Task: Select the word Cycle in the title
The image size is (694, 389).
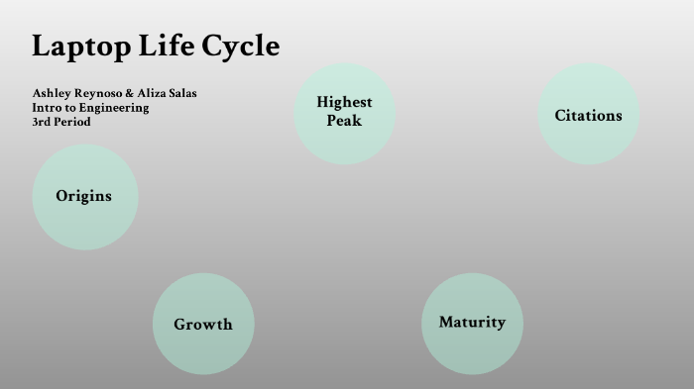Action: click(241, 47)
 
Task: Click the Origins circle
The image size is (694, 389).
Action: click(84, 196)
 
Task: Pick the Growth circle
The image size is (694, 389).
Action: click(203, 324)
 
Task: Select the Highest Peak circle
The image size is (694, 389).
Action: click(344, 112)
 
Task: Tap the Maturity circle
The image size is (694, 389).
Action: click(472, 323)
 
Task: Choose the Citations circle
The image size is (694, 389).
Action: click(588, 116)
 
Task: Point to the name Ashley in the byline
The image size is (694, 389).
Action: click(51, 93)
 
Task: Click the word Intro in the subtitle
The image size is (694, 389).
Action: click(46, 108)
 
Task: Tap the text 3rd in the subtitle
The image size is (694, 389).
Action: click(41, 122)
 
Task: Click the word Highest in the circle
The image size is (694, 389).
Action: click(344, 102)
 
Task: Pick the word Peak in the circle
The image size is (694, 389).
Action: click(344, 121)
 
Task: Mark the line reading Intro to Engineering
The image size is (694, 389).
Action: click(90, 108)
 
